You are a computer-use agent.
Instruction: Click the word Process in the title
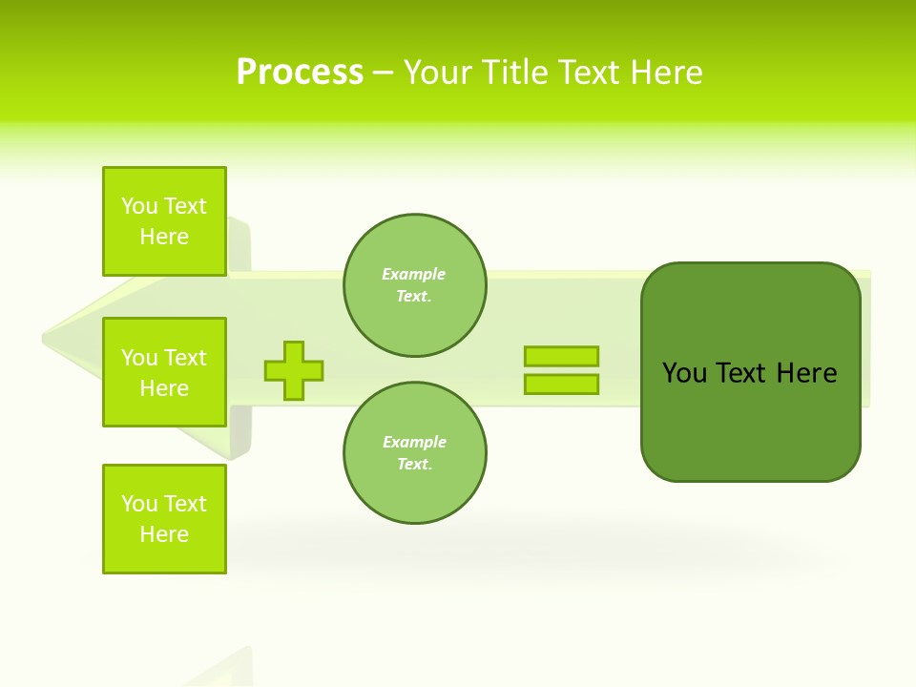[x=300, y=73]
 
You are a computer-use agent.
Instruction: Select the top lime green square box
[x=164, y=221]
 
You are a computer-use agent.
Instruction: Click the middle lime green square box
[x=164, y=372]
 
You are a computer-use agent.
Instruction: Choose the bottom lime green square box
[x=164, y=519]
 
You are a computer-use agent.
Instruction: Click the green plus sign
[x=294, y=370]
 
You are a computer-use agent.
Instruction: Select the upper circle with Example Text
[x=415, y=285]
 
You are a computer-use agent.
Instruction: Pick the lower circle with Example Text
[x=415, y=453]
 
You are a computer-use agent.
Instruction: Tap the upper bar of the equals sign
[x=561, y=356]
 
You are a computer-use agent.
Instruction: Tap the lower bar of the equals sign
[x=561, y=384]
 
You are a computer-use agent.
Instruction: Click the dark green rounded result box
[x=751, y=420]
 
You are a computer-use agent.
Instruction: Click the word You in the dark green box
[x=685, y=373]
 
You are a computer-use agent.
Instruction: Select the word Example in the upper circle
[x=414, y=274]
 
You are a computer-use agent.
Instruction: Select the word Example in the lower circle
[x=414, y=442]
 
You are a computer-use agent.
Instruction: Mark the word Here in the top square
[x=164, y=237]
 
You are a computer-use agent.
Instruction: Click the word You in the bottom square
[x=139, y=504]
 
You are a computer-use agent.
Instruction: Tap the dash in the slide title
[x=384, y=73]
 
